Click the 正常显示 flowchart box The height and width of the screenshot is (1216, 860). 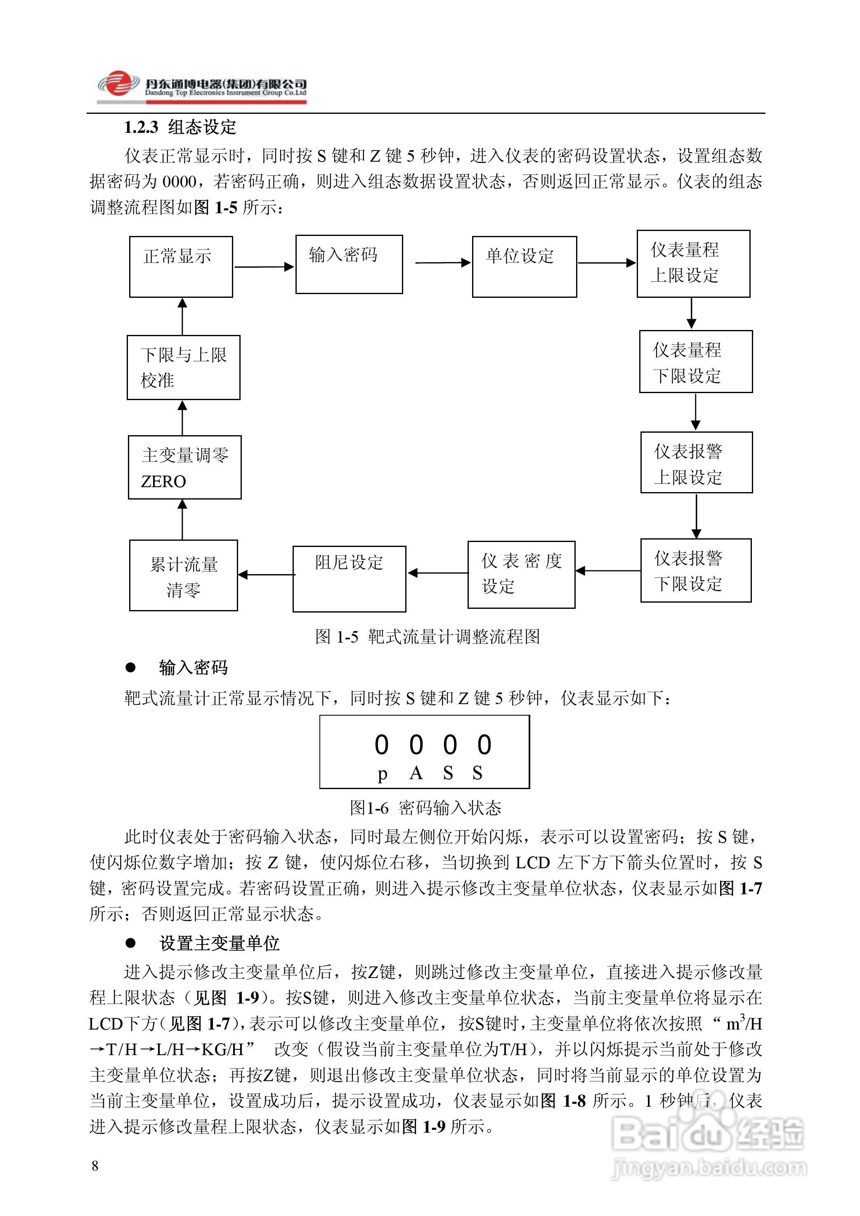pos(181,266)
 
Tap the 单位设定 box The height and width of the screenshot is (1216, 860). pos(524,266)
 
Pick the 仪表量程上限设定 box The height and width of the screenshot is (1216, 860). pos(693,263)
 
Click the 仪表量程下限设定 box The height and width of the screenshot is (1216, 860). pos(695,361)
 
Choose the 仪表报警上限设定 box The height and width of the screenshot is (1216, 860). pos(696,462)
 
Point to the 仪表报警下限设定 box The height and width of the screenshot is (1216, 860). pos(696,570)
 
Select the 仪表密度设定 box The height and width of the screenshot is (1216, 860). pos(521,574)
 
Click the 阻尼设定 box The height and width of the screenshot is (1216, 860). pos(349,578)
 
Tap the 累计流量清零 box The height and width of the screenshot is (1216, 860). pos(183,575)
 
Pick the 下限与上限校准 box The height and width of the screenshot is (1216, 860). pos(183,367)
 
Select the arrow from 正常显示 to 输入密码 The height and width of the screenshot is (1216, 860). pos(264,267)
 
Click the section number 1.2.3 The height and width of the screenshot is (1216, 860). pos(141,127)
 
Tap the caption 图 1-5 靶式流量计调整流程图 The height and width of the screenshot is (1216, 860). pos(427,636)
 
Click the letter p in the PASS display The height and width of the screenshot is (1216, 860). pos(382,774)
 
